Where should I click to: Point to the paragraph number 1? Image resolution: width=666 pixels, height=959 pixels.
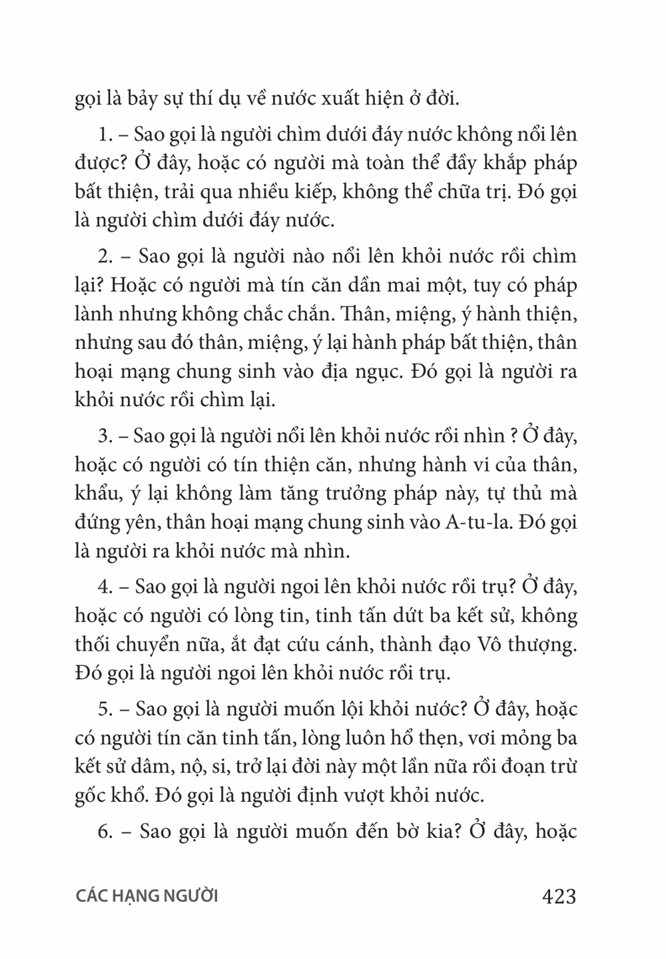pos(105,135)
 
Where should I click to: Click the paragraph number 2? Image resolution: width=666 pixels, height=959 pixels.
pos(105,256)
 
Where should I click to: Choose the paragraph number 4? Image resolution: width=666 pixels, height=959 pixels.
pos(105,587)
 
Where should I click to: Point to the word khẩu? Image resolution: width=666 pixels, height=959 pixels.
pos(96,493)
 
